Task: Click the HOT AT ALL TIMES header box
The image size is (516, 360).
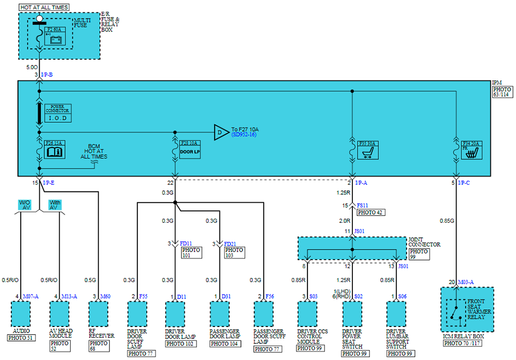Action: pos(44,8)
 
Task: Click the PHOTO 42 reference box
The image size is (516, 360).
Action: pos(370,212)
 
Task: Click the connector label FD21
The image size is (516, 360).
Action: pos(230,243)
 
